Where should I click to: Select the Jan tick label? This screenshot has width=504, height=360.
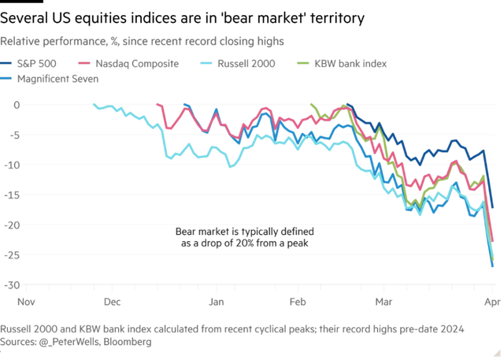[214, 301]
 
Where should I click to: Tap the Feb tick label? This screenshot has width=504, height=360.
[298, 301]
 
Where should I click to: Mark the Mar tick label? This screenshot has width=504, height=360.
[384, 301]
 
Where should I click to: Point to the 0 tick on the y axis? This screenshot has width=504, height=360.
[16, 105]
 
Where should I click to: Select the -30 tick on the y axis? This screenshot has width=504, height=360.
[13, 284]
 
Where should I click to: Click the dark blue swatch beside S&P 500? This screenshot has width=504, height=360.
[6, 63]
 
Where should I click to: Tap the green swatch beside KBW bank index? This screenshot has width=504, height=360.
[302, 63]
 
